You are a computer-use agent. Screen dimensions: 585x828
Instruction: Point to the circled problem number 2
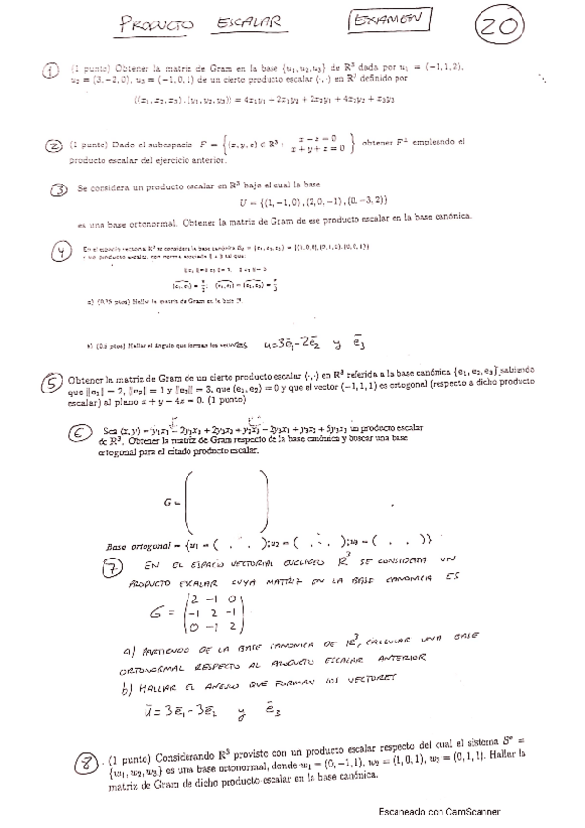(x=55, y=146)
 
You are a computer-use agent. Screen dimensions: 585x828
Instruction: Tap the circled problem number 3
(x=60, y=190)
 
